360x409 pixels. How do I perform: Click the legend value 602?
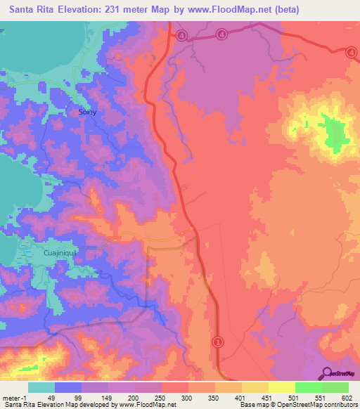[x=348, y=397]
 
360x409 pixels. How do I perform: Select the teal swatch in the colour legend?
[x=41, y=387]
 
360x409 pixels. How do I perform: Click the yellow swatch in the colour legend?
[x=281, y=387]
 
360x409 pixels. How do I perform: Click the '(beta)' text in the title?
[x=283, y=10]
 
